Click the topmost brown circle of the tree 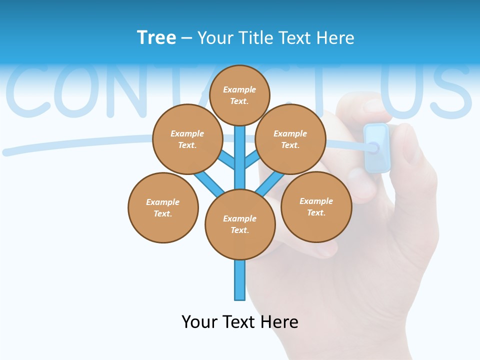tap(239, 95)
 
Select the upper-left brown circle tap(187, 139)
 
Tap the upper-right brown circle tap(290, 139)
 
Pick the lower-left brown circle tap(163, 207)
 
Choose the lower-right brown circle tap(316, 206)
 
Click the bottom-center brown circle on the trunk tap(240, 224)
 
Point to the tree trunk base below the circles tap(240, 280)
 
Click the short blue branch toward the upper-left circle tap(227, 160)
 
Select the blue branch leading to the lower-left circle tap(208, 183)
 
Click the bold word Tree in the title tap(156, 37)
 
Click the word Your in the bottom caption tap(199, 321)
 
